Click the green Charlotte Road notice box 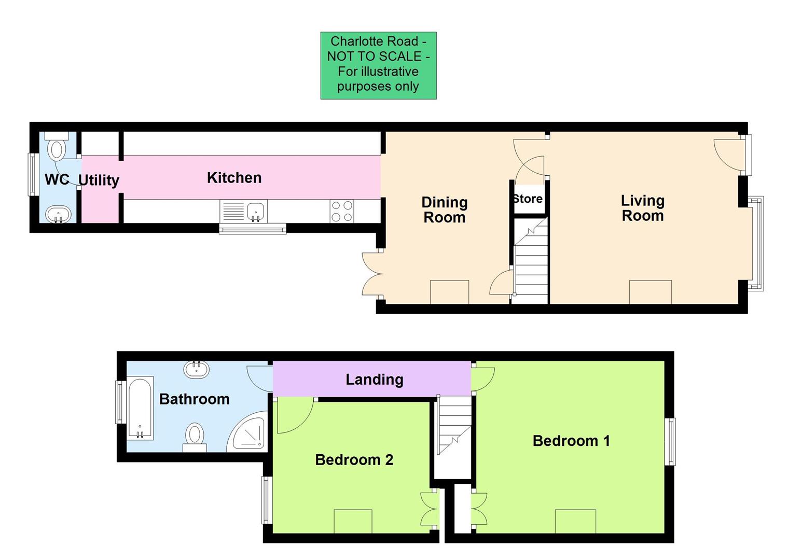click(378, 65)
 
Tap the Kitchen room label click(234, 178)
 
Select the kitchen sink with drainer click(243, 212)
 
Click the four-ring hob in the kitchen click(342, 212)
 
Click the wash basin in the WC click(59, 214)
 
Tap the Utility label click(99, 180)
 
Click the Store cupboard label click(528, 199)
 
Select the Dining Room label click(444, 209)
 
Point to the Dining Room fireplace click(449, 292)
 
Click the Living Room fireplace click(651, 292)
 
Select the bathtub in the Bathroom click(140, 409)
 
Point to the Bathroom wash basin click(197, 369)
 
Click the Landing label click(374, 380)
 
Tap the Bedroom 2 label click(354, 460)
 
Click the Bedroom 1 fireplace click(575, 521)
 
